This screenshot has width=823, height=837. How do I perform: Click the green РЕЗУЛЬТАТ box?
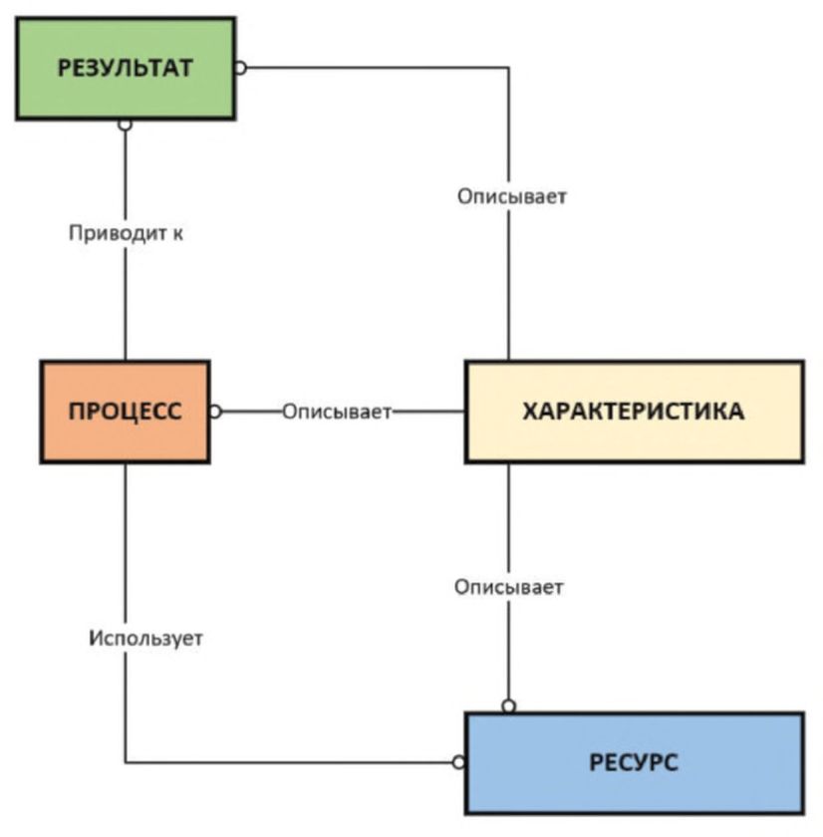[x=126, y=68]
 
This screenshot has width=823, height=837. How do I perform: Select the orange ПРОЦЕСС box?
[x=126, y=412]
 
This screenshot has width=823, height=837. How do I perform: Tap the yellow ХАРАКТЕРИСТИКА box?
[x=634, y=412]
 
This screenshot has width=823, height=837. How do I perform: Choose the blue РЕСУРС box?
[x=634, y=763]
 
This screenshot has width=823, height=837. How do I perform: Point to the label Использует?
[x=145, y=638]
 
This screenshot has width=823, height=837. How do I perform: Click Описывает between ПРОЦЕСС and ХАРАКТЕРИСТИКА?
[x=337, y=412]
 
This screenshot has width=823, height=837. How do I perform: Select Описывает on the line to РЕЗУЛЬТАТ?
[x=512, y=196]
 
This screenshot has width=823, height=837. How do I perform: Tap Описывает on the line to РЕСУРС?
[x=509, y=587]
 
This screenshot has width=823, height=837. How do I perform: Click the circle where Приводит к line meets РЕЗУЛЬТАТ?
[x=126, y=125]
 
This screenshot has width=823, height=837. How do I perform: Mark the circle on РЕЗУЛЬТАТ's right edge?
[x=240, y=68]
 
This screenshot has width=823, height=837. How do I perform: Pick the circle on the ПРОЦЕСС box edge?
[x=215, y=412]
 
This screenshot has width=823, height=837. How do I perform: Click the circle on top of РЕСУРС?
[x=509, y=706]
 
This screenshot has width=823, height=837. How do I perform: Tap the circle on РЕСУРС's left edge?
[x=458, y=763]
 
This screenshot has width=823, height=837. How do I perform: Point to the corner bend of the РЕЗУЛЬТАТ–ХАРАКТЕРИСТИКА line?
[x=509, y=68]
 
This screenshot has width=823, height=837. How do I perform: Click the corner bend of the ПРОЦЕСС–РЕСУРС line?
[x=126, y=763]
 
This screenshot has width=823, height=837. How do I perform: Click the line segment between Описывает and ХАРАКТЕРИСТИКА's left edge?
[x=428, y=412]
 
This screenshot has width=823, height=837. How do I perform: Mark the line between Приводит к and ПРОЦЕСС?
[x=126, y=304]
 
